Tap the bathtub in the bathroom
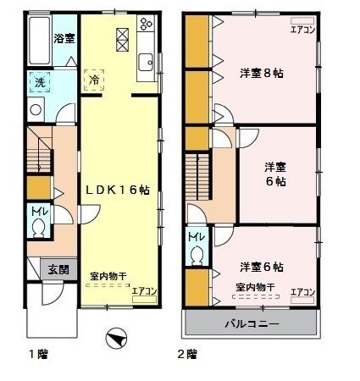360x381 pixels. (x=37, y=41)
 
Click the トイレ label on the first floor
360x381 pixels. (x=39, y=211)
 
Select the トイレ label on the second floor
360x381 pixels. (x=194, y=236)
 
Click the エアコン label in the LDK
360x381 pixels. (x=144, y=291)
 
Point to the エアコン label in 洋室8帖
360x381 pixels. (x=302, y=30)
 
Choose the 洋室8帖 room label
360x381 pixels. (x=261, y=73)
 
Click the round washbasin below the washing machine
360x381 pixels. (x=36, y=109)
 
